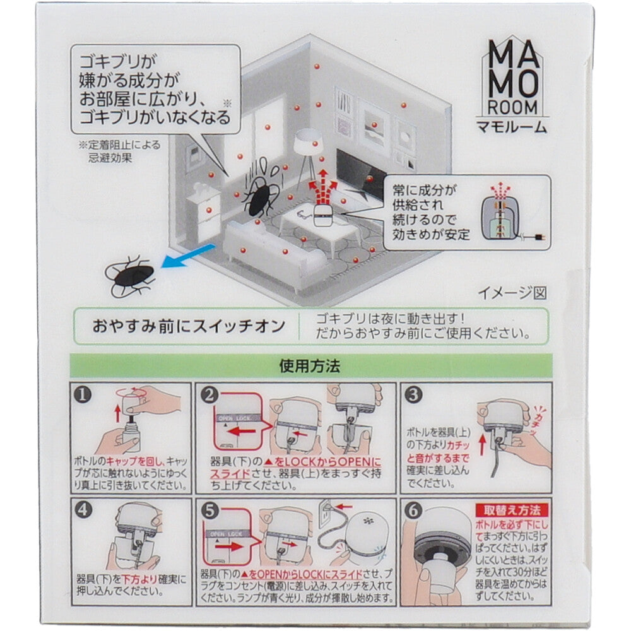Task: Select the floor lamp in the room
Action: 308,152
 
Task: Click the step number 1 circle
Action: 82,396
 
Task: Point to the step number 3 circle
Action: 414,396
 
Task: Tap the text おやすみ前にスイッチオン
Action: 186,326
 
